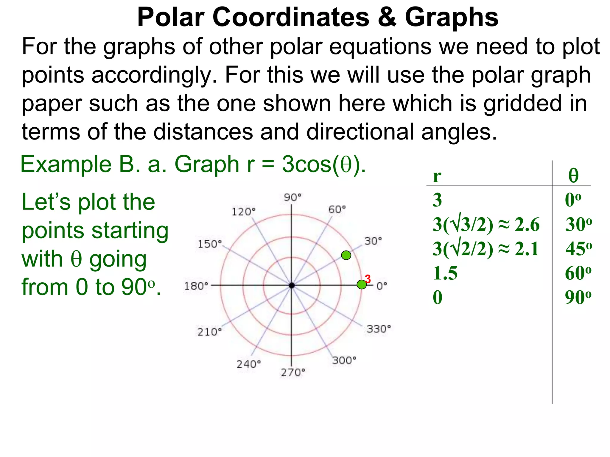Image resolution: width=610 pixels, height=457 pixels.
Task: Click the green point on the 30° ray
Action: point(346,255)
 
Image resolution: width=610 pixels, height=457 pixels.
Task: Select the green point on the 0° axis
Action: point(362,284)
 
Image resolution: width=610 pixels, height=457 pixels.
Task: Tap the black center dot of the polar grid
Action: point(292,285)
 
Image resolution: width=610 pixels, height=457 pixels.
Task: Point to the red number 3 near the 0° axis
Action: point(368,279)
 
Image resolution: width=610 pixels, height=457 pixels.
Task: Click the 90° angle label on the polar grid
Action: point(292,197)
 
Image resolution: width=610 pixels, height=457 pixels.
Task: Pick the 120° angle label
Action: point(243,212)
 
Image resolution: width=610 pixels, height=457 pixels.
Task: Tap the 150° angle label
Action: point(210,244)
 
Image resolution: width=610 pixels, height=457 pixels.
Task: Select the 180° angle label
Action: point(196,286)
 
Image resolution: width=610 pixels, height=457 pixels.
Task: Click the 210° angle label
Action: point(209,332)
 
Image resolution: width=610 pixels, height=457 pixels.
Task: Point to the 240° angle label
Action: point(248,364)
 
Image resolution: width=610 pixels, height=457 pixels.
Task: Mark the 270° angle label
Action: point(293,372)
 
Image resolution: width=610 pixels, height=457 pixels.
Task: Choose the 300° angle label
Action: point(344,360)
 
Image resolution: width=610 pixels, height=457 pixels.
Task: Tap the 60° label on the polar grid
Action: point(337,209)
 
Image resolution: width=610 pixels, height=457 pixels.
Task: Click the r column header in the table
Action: point(437,176)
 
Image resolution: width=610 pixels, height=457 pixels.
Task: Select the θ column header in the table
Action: point(573,176)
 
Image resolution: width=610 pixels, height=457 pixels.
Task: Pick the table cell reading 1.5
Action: point(445,273)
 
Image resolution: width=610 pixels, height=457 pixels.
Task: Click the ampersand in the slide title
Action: point(387,17)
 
